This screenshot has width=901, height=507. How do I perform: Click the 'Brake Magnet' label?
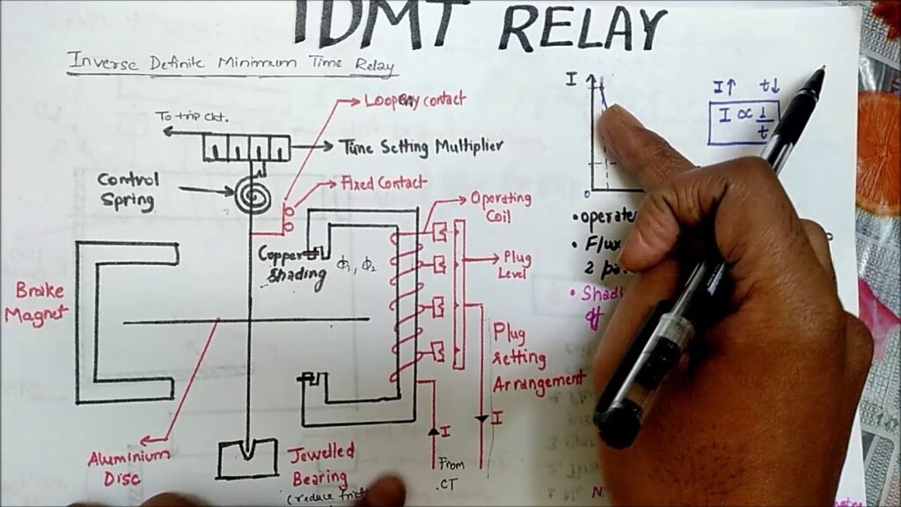(x=33, y=304)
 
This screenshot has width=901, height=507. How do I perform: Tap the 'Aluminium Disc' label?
(x=128, y=466)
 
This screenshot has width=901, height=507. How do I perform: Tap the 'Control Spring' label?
(x=129, y=190)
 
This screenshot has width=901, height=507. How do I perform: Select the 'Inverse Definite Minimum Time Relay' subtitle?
(x=231, y=64)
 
